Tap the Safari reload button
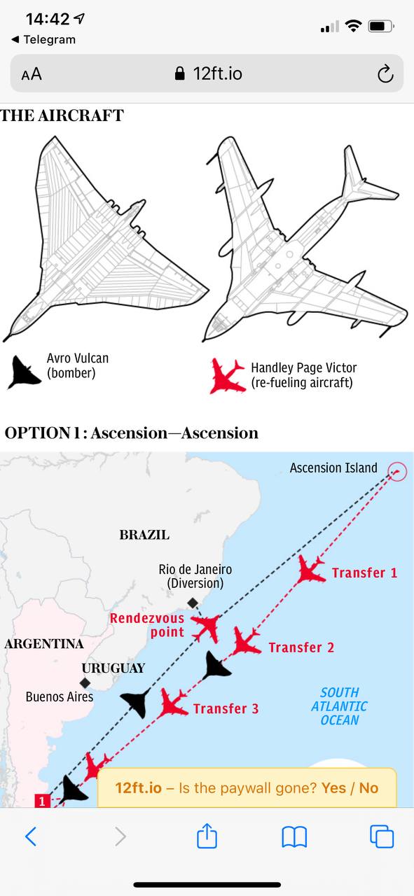pos(385,73)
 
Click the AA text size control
pos(32,74)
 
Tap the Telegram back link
pos(43,40)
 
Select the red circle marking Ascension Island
pos(397,472)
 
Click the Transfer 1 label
pos(364,573)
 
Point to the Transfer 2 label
pos(301,647)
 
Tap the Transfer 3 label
pos(226,709)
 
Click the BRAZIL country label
pos(144,535)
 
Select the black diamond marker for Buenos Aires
pos(85,682)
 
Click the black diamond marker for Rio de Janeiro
pos(193,603)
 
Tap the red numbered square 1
pos(42,801)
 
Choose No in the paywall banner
pos(368,788)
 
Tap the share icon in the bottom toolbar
pos(207,836)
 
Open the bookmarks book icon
pos(294,836)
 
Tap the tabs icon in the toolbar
pos(382,836)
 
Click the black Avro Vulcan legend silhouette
pos(23,372)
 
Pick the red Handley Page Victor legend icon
pos(228,376)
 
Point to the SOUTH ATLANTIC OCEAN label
pos(339,706)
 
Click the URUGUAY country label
pos(113,668)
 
